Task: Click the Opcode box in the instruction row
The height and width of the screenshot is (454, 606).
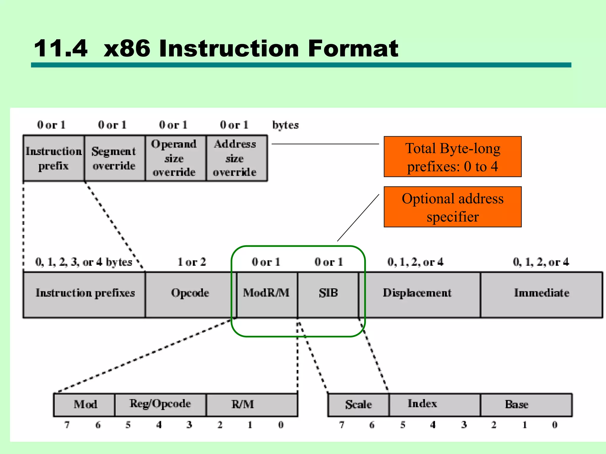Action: pyautogui.click(x=190, y=294)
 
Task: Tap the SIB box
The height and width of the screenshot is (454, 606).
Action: pyautogui.click(x=328, y=294)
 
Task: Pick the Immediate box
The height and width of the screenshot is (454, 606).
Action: pyautogui.click(x=541, y=294)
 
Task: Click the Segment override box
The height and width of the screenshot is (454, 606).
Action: pyautogui.click(x=114, y=158)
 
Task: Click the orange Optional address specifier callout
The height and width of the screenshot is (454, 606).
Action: pyautogui.click(x=452, y=207)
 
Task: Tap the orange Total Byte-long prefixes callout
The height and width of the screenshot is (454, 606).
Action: pyautogui.click(x=452, y=157)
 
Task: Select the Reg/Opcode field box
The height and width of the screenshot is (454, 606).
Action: pyautogui.click(x=160, y=405)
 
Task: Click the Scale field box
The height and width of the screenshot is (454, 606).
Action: pyautogui.click(x=358, y=405)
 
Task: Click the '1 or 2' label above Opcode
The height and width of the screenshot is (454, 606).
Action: pyautogui.click(x=191, y=262)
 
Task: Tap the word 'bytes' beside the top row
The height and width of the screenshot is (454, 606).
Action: pyautogui.click(x=285, y=125)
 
